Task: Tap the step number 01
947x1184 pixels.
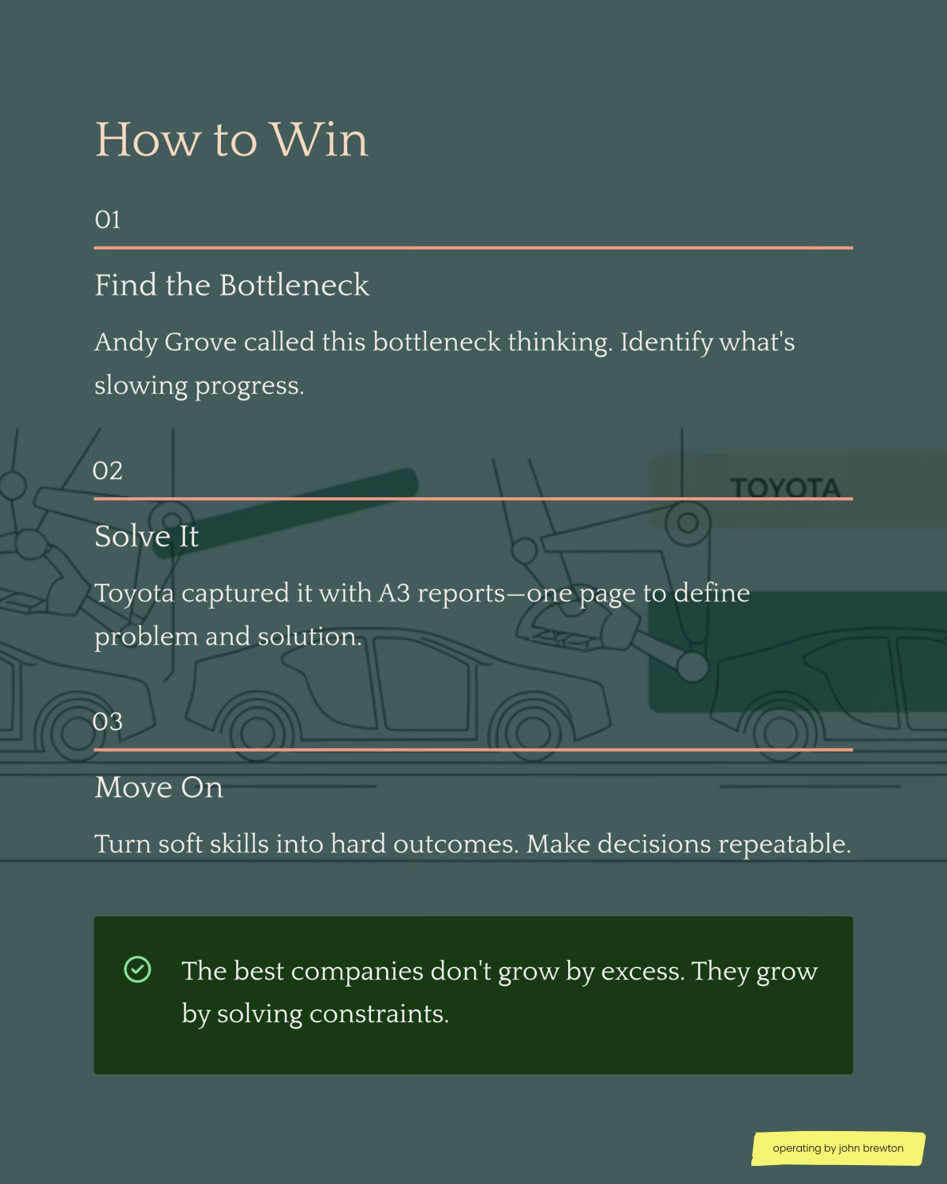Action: coord(107,219)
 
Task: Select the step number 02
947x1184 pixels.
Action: coord(107,471)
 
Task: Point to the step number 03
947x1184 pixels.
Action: coord(107,721)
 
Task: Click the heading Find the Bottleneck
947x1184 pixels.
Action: coord(232,285)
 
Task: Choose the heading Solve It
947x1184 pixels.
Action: coord(146,537)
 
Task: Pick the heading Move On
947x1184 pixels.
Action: coord(159,787)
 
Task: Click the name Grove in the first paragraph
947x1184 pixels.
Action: coord(200,343)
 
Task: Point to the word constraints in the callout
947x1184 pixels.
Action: coord(379,1014)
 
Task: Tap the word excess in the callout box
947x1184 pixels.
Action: coord(642,972)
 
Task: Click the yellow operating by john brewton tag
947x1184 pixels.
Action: coord(838,1148)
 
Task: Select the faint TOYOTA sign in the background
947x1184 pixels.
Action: coord(784,488)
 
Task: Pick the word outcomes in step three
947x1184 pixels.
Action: coord(455,845)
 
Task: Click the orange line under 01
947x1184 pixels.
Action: coord(473,248)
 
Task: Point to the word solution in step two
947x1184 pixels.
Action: coord(310,637)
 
